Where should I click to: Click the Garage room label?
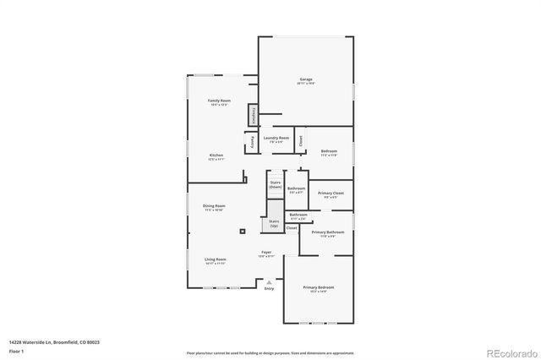coord(305,79)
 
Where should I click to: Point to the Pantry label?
coord(252,143)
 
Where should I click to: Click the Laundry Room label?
coord(276,138)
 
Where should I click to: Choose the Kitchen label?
coord(216,155)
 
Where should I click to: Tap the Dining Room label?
coord(214,206)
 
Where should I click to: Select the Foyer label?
coord(265,252)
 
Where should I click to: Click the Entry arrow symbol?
coord(269,281)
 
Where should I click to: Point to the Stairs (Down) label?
coord(276,184)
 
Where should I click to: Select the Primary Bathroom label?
coord(327,232)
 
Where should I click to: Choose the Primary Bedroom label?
coord(319,288)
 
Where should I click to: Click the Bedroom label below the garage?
coord(329,152)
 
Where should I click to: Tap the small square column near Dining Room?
coord(243,231)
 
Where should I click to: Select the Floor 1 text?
coord(17,352)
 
